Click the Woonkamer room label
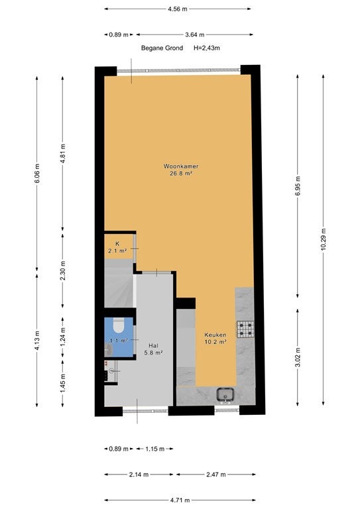click(181, 166)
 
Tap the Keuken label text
click(215, 335)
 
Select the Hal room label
click(153, 346)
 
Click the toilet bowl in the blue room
click(119, 325)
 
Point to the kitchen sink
click(225, 394)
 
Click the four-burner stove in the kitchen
click(245, 329)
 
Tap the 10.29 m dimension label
click(324, 239)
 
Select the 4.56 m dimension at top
click(178, 9)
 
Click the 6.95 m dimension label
click(298, 186)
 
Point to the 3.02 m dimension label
click(298, 357)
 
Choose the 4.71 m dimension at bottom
click(180, 500)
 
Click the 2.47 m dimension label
click(216, 475)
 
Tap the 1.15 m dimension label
click(155, 449)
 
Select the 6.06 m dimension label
click(37, 174)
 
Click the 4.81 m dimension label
click(63, 153)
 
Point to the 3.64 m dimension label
click(194, 34)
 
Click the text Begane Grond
click(162, 48)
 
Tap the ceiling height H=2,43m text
click(207, 48)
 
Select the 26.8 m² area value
click(181, 174)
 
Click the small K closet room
click(119, 247)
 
